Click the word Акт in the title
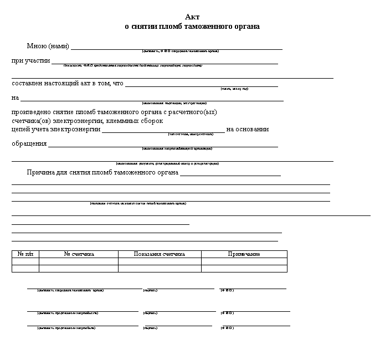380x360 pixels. tap(192, 18)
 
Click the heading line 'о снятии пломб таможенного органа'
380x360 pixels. tap(192, 27)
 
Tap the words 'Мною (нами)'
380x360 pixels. tap(48, 45)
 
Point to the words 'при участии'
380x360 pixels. tap(31, 60)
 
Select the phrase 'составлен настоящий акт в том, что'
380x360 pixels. tap(68, 83)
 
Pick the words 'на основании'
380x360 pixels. tap(248, 129)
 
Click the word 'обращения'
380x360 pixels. tap(29, 144)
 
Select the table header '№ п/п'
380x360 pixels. tap(25, 254)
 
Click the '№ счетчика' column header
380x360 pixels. tap(79, 254)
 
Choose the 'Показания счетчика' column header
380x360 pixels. tap(160, 254)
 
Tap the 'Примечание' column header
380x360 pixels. tap(244, 254)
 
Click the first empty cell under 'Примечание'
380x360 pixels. tap(244, 261)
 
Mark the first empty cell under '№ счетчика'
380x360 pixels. tap(79, 261)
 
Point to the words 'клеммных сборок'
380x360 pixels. tap(136, 121)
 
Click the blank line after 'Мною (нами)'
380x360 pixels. tap(177, 48)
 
